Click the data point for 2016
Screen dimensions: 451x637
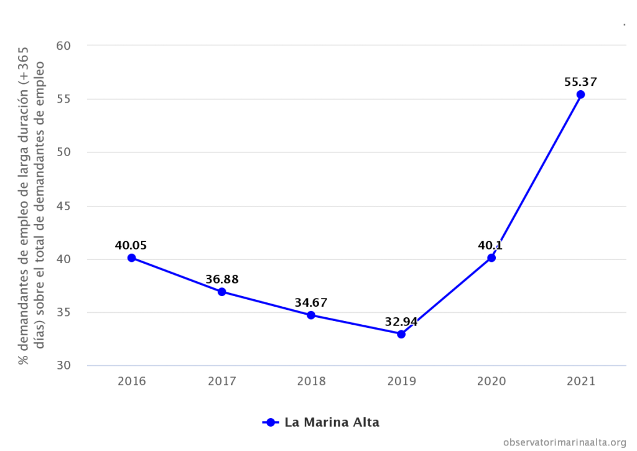point(132,258)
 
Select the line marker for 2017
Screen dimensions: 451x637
point(221,292)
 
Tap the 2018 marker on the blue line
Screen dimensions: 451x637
point(311,315)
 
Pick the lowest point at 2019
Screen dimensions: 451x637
point(401,334)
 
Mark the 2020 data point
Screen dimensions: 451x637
point(491,257)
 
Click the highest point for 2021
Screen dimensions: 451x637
point(581,95)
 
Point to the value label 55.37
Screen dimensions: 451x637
point(580,81)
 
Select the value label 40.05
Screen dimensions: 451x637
point(131,245)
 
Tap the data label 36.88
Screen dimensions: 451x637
point(221,279)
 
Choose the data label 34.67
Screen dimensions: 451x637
point(311,303)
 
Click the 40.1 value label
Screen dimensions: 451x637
point(491,245)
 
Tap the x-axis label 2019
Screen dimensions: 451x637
point(401,381)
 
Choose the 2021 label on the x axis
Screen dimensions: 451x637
point(581,381)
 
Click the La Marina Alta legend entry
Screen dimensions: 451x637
point(322,422)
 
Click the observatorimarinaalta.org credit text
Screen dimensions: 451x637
point(564,442)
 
